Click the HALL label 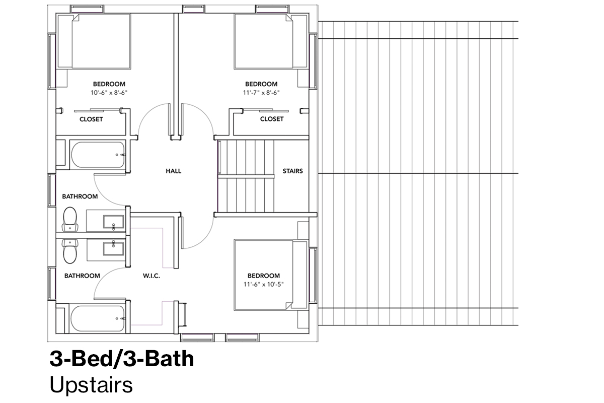(173, 171)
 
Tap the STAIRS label (292, 171)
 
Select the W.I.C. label (152, 276)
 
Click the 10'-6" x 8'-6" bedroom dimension (109, 93)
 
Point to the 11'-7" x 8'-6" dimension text (261, 93)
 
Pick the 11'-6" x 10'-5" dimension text (263, 284)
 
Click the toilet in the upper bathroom (70, 219)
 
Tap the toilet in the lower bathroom (70, 251)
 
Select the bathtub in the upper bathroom (98, 155)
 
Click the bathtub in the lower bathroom (98, 318)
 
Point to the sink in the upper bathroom (114, 222)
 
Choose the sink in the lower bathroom (114, 249)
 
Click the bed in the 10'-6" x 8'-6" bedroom (101, 42)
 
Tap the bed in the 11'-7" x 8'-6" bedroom (263, 42)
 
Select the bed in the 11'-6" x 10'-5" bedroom (263, 275)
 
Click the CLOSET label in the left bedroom (91, 119)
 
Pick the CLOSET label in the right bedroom (272, 119)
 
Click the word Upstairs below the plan (91, 385)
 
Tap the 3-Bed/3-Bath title (122, 359)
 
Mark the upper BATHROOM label (80, 196)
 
